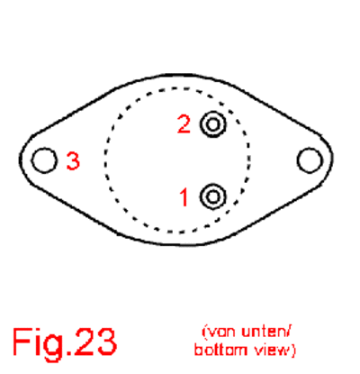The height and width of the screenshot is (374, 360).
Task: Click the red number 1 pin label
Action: [x=184, y=197]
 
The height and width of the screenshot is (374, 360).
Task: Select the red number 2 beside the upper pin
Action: [x=184, y=124]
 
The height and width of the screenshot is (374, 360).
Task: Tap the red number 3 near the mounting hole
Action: [x=73, y=161]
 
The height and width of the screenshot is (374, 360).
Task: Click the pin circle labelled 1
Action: [x=213, y=196]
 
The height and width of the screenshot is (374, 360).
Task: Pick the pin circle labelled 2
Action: [x=213, y=124]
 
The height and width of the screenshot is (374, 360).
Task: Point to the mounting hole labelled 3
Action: [x=44, y=160]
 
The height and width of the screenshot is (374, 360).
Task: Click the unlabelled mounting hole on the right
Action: [x=310, y=160]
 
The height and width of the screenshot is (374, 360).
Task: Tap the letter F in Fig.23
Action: [x=21, y=342]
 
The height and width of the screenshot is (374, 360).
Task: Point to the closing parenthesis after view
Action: [x=292, y=351]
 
